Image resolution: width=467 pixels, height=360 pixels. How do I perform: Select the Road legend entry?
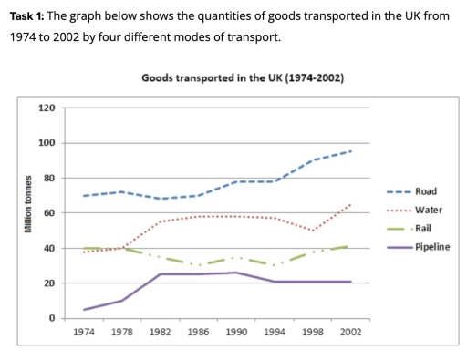tap(425, 191)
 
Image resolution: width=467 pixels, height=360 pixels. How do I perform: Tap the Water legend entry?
tap(428, 210)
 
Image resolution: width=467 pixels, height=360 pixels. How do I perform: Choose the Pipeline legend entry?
tap(431, 247)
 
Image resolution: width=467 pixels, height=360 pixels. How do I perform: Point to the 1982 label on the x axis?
tap(160, 333)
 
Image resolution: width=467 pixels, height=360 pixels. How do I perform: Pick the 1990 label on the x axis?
tap(236, 333)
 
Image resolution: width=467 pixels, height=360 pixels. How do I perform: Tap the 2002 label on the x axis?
tap(350, 333)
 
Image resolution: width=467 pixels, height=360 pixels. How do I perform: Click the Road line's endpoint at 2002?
tap(351, 151)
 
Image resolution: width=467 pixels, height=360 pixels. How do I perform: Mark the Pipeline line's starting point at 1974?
tap(84, 310)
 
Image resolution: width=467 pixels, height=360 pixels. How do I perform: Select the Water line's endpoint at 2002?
tap(351, 204)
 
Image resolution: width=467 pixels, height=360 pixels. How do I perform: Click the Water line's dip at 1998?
tap(313, 231)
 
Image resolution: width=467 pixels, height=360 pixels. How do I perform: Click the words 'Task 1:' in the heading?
tap(26, 15)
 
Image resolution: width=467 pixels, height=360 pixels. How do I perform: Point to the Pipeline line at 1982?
tap(161, 274)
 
